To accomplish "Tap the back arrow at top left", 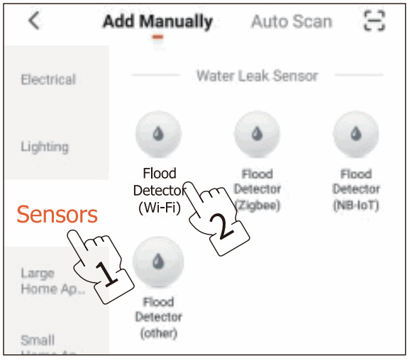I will click(33, 21).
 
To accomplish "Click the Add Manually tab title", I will click(157, 21).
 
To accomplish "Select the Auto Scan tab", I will click(291, 21).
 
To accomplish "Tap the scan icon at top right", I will click(373, 21).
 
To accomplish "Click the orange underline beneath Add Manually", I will click(157, 37).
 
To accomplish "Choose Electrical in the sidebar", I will click(48, 80).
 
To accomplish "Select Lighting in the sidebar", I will click(45, 147).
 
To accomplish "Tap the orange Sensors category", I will click(57, 213).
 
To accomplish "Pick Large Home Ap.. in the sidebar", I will click(48, 281).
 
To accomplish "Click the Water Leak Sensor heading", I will click(257, 75).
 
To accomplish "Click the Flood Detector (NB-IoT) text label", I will click(356, 189).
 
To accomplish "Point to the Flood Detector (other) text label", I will click(158, 317).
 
